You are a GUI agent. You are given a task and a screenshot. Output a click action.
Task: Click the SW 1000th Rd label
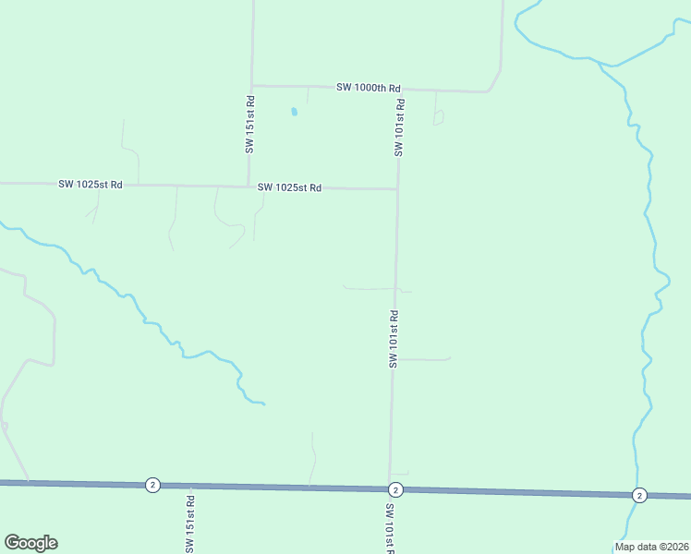click(x=369, y=88)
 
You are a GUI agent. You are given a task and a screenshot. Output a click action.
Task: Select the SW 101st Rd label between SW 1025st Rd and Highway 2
click(x=394, y=339)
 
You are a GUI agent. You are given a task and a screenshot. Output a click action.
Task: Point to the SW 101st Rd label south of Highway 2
click(x=390, y=528)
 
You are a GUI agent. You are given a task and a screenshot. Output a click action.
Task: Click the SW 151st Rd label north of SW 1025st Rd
click(x=250, y=124)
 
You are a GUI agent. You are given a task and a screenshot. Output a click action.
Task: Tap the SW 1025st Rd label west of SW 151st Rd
click(x=91, y=184)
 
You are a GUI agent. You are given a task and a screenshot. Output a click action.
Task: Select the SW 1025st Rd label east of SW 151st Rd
click(x=289, y=187)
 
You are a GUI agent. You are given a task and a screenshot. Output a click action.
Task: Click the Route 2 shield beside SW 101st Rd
click(x=395, y=489)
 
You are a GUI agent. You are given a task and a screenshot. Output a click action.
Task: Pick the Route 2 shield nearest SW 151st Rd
click(x=152, y=485)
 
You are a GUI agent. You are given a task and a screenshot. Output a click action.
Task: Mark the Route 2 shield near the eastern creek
click(x=639, y=495)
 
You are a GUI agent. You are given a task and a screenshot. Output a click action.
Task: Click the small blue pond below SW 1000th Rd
click(x=295, y=112)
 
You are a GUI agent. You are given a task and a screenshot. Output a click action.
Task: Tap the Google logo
click(x=30, y=543)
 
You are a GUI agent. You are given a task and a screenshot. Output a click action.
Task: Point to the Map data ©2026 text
click(x=651, y=547)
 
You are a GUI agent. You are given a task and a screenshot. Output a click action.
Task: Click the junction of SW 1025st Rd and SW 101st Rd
click(x=398, y=189)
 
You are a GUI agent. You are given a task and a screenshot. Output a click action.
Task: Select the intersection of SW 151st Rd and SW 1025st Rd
click(x=248, y=186)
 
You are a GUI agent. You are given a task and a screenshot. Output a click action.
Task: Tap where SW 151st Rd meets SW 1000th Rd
click(x=252, y=86)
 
